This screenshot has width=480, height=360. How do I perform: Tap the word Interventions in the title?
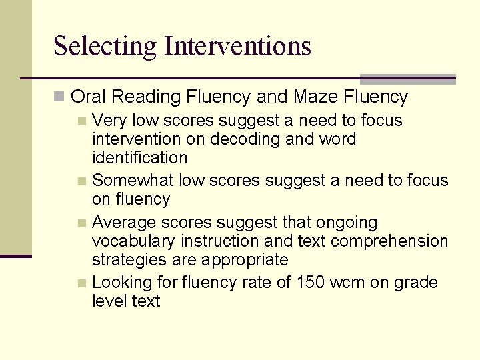(x=238, y=46)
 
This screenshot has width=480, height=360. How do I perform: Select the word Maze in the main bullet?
(x=316, y=97)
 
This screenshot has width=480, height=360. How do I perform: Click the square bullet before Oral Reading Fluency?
(x=60, y=97)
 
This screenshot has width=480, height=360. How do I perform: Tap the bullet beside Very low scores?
(x=82, y=121)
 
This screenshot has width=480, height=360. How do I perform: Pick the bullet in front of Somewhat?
(x=82, y=181)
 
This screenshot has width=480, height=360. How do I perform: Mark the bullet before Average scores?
(x=82, y=223)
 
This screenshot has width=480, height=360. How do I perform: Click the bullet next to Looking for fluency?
(x=82, y=283)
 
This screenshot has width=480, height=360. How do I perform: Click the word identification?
(x=140, y=158)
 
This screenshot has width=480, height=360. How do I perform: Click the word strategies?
(x=125, y=260)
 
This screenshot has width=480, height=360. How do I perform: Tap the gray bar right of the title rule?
(x=407, y=79)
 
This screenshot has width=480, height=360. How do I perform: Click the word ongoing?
(x=346, y=222)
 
